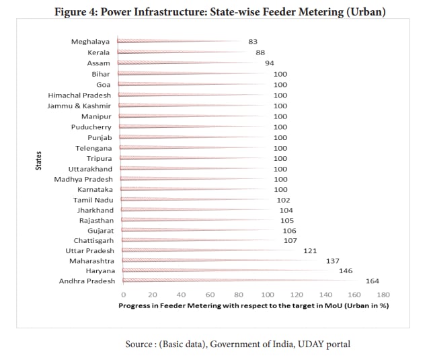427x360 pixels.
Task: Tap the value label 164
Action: [372, 281]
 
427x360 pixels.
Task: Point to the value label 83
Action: [253, 42]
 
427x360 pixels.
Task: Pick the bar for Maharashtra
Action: [219, 260]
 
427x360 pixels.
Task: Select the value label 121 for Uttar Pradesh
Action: [310, 250]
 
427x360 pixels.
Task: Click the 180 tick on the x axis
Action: [383, 295]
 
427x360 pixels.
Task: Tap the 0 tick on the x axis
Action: [123, 295]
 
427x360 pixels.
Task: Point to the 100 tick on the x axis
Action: [268, 295]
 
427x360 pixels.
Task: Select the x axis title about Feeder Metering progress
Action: [254, 305]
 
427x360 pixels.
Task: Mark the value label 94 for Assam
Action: [270, 63]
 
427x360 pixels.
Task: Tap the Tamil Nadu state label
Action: [93, 200]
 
